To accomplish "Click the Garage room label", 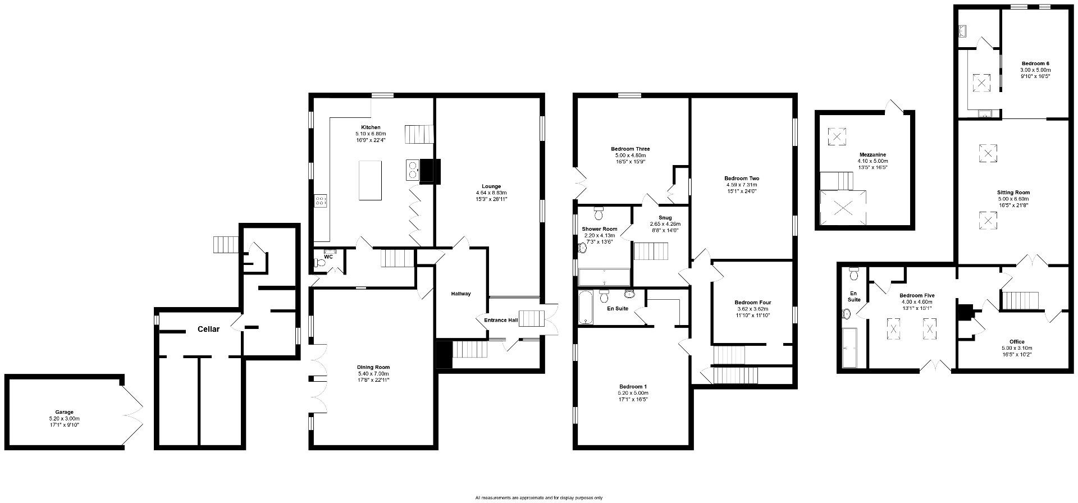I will pos(64,412).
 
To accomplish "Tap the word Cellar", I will pos(208,329).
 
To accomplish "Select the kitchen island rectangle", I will pos(370,180).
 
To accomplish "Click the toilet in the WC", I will pos(321,262).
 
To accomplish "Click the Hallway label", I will pos(461,294).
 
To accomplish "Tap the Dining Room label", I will pos(373,367).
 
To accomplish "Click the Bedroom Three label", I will pos(631,149).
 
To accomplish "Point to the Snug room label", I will pos(665,218).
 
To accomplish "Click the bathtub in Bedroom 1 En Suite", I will pos(586,307).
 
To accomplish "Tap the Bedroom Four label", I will pos(752,302).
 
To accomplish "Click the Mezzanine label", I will pos(873,154).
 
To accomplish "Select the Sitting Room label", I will pos(1013,192).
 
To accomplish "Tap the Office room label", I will pos(1017,341).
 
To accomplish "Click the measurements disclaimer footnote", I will pos(539,497).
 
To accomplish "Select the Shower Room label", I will pos(600,229).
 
